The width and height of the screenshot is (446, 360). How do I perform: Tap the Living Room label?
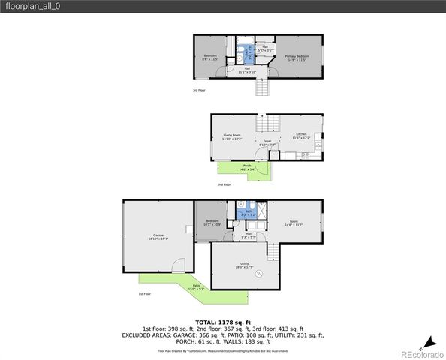pyautogui.click(x=231, y=136)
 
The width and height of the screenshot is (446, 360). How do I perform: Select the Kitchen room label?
pyautogui.click(x=300, y=136)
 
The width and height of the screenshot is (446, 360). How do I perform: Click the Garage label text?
pyautogui.click(x=158, y=237)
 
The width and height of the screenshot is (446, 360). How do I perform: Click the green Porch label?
pyautogui.click(x=247, y=168)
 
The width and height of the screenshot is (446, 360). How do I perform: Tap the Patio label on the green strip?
pyautogui.click(x=196, y=286)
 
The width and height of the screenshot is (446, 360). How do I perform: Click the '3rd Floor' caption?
pyautogui.click(x=199, y=91)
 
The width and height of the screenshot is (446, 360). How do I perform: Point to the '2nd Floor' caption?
pyautogui.click(x=224, y=184)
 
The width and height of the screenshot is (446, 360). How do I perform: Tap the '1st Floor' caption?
pyautogui.click(x=145, y=294)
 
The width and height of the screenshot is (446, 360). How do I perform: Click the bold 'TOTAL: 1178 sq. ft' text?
pyautogui.click(x=223, y=322)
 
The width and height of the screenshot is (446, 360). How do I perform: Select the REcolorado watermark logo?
pyautogui.click(x=421, y=353)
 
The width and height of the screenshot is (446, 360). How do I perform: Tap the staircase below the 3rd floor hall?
pyautogui.click(x=261, y=89)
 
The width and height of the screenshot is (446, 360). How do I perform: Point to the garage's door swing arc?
pyautogui.click(x=177, y=265)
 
